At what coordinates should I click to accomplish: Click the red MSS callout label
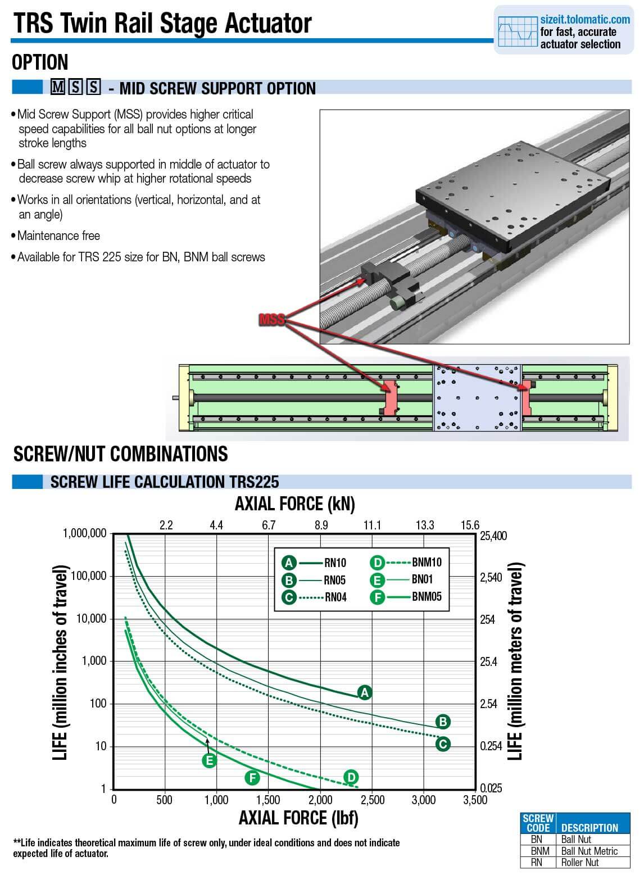point(272,320)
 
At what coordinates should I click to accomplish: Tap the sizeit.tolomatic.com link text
point(585,19)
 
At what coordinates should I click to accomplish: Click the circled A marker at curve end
point(365,692)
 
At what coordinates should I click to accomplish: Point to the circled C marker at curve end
point(443,744)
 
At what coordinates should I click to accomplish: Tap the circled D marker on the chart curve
point(350,777)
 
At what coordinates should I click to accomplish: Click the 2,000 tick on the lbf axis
point(320,800)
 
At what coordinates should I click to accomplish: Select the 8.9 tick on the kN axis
point(321,525)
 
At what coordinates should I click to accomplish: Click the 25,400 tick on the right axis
point(493,536)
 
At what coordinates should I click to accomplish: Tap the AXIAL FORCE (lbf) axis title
point(298,818)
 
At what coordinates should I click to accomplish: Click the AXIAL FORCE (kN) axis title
point(294,504)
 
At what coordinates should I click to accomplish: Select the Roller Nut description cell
point(580,862)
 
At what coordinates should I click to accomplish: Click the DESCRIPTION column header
point(589,828)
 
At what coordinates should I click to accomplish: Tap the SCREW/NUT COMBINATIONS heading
point(121,454)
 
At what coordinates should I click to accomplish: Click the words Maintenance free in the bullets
point(58,235)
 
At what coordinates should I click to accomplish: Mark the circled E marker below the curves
point(209,761)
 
